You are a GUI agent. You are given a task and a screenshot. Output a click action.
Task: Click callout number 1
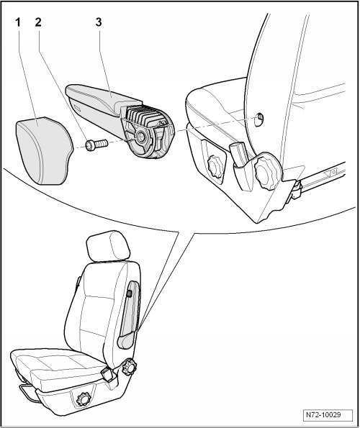(18, 22)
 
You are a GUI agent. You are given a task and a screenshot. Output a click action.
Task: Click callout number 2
(38, 22)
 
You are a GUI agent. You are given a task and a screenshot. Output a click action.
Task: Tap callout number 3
(99, 22)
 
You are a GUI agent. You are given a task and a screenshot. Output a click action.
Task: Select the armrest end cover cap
(44, 150)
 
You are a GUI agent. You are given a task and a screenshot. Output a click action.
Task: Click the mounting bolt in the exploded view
(96, 145)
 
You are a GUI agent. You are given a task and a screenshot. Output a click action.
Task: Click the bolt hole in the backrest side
(258, 119)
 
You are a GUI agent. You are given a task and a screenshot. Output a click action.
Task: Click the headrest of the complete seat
(107, 247)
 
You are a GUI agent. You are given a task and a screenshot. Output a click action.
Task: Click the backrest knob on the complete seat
(129, 367)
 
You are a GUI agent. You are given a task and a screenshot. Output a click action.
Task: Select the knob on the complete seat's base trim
(83, 399)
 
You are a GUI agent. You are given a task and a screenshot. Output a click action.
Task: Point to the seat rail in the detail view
(323, 177)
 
